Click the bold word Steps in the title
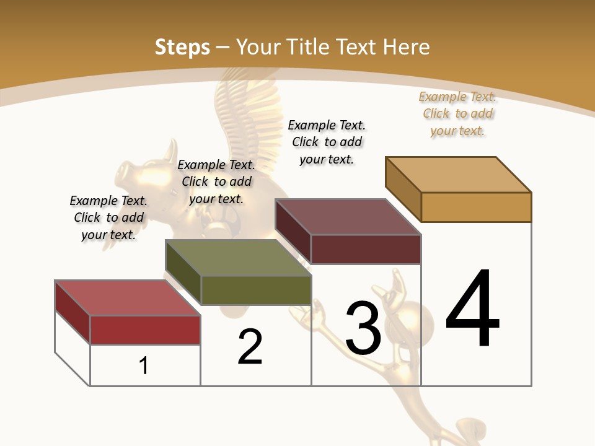pyautogui.click(x=182, y=47)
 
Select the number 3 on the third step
pyautogui.click(x=363, y=329)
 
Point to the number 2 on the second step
pyautogui.click(x=250, y=347)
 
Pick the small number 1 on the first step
pyautogui.click(x=144, y=365)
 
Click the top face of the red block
pyautogui.click(x=127, y=298)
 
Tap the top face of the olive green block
pyautogui.click(x=238, y=258)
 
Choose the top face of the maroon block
pyautogui.click(x=348, y=217)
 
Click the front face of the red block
pyautogui.click(x=145, y=330)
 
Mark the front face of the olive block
pyautogui.click(x=256, y=290)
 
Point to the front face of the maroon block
pyautogui.click(x=366, y=249)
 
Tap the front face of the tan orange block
pyautogui.click(x=476, y=207)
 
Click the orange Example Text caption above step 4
pyautogui.click(x=457, y=114)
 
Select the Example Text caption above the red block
pyautogui.click(x=108, y=217)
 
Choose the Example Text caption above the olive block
pyautogui.click(x=216, y=181)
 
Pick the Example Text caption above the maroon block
pyautogui.click(x=327, y=142)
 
